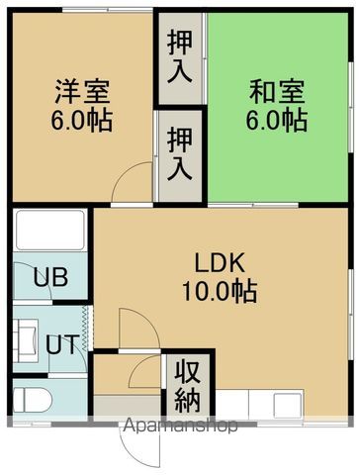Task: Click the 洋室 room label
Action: tap(82, 96)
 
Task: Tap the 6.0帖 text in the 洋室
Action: tap(82, 122)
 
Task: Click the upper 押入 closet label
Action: tap(180, 58)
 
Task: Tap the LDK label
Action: tap(219, 265)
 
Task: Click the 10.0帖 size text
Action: tap(219, 292)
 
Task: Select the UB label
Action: tap(50, 277)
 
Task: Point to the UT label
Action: tap(59, 345)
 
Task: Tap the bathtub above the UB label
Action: tap(49, 231)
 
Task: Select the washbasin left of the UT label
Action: tap(27, 336)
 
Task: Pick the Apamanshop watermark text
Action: tap(179, 427)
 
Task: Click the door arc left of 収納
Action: tap(145, 374)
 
